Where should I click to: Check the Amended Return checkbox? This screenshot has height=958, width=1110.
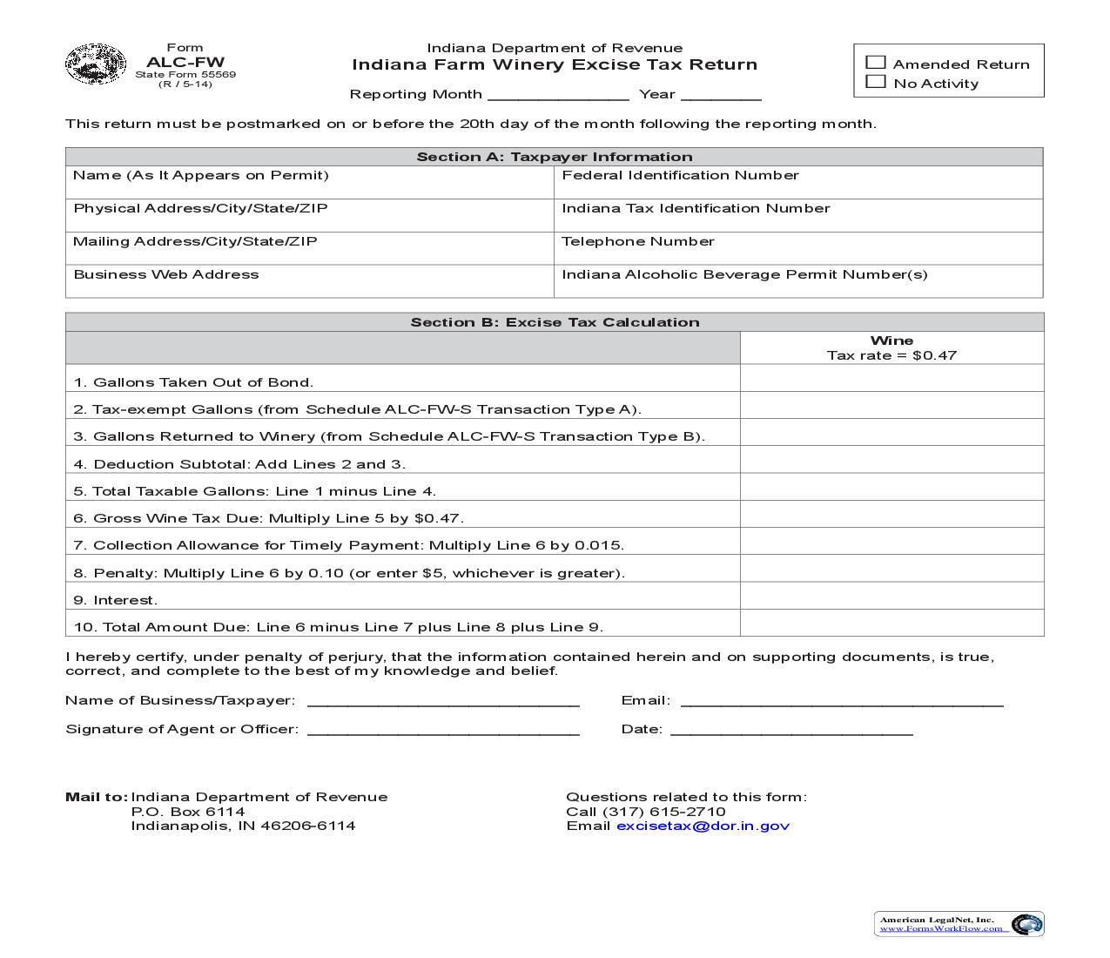click(x=876, y=63)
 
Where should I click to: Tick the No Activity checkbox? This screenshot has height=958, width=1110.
click(x=876, y=82)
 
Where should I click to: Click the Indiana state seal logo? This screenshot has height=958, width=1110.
click(x=96, y=64)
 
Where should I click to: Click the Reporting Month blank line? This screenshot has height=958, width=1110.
click(x=558, y=94)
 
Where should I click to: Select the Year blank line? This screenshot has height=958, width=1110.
click(x=721, y=94)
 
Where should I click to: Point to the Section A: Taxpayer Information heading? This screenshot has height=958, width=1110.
click(x=554, y=157)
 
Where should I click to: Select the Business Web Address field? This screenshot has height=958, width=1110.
click(x=309, y=282)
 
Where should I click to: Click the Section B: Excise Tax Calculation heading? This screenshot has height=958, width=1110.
click(x=554, y=322)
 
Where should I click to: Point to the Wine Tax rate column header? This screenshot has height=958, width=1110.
click(x=891, y=347)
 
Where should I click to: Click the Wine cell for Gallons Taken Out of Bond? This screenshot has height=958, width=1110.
click(x=891, y=378)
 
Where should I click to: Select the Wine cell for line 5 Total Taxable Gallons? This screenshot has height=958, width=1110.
click(x=891, y=487)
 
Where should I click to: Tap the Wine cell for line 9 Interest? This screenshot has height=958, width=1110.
click(x=891, y=596)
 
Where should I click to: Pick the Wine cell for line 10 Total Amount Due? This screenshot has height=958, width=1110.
click(x=891, y=623)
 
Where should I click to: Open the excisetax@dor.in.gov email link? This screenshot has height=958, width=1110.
click(x=703, y=826)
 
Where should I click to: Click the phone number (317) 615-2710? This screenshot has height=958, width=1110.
click(x=663, y=812)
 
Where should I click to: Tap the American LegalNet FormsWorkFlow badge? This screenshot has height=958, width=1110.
click(x=959, y=924)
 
